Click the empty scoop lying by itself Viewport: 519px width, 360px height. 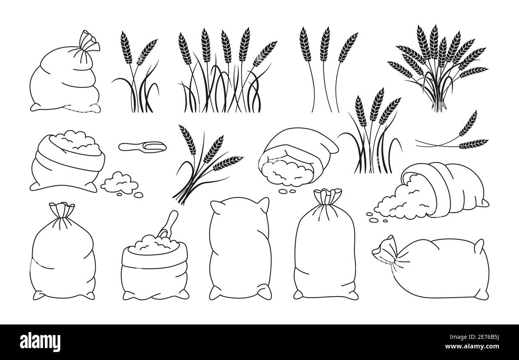[x=141, y=146]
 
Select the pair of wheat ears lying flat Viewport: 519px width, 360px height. [x=459, y=136]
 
